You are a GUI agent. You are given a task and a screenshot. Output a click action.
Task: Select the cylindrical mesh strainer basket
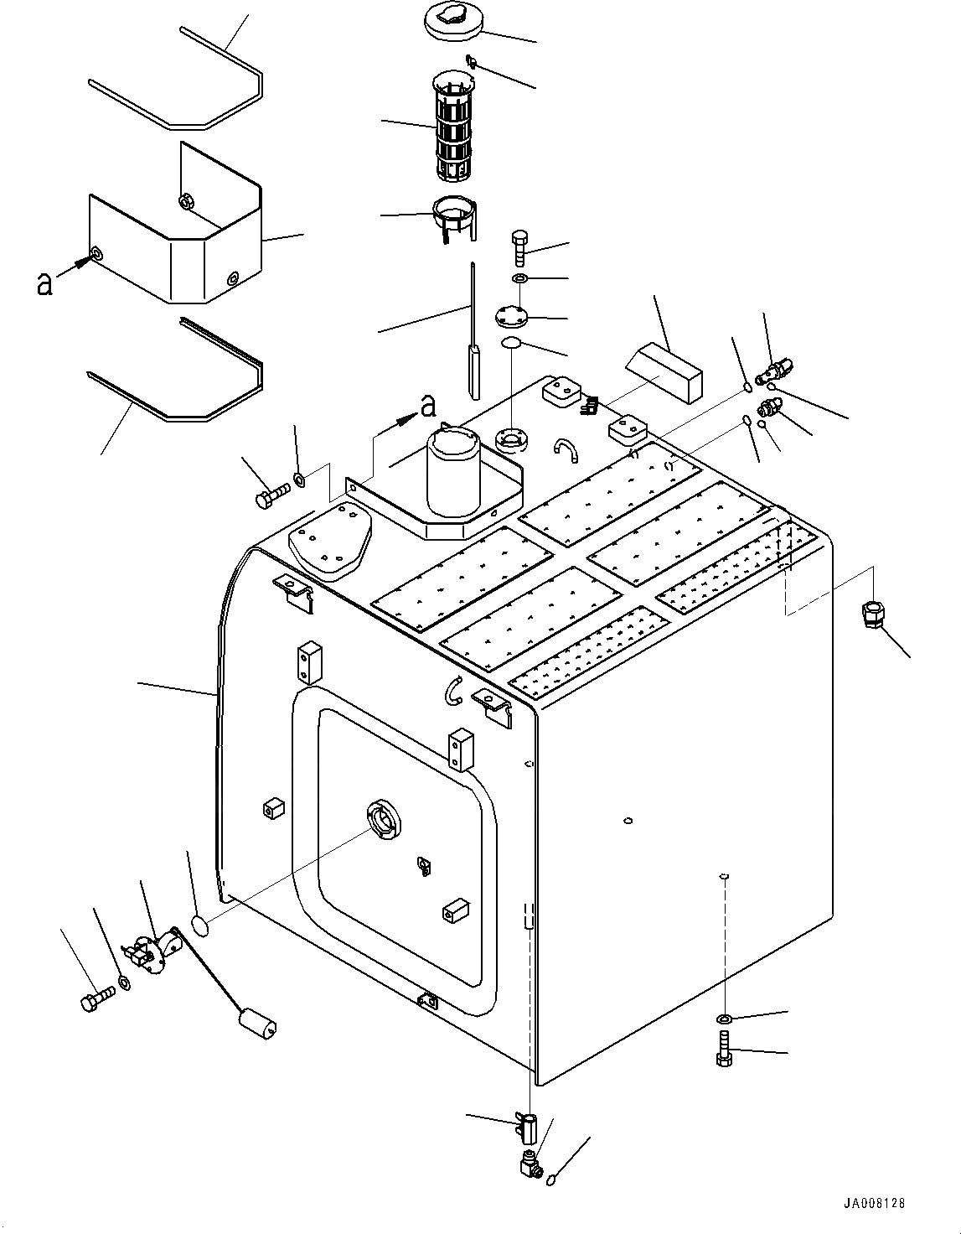453,128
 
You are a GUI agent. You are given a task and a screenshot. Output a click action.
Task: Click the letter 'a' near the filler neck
428,407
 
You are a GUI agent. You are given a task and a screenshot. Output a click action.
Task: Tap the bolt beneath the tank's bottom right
723,1049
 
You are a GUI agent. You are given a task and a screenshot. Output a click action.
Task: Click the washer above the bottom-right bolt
723,1019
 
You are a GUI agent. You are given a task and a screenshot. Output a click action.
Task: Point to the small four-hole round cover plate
510,317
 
